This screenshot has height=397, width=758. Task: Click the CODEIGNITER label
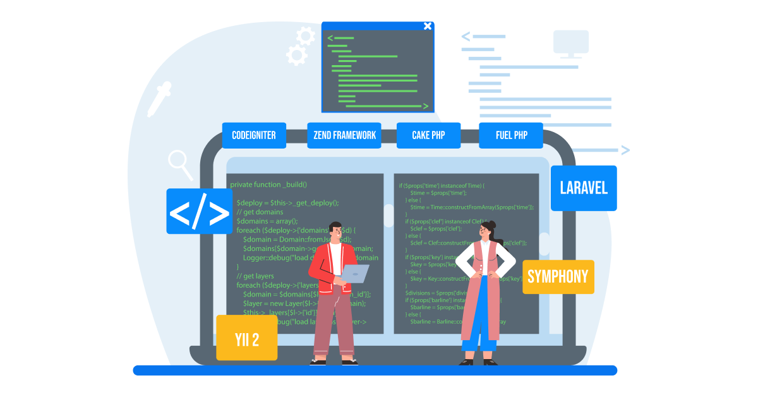[254, 135]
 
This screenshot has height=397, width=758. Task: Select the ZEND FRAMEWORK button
[344, 135]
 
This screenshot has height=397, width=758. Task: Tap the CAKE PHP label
[429, 135]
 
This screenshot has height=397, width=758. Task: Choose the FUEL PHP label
[511, 135]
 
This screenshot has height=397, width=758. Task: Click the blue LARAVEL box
[584, 188]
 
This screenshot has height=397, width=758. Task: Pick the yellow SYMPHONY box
[558, 276]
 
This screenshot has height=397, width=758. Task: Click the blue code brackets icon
[200, 211]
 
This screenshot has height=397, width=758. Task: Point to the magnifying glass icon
[180, 163]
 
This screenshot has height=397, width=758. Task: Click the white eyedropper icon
[159, 99]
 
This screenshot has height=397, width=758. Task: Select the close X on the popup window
[428, 26]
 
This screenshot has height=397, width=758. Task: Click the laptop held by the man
[354, 274]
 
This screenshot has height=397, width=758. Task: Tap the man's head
[335, 231]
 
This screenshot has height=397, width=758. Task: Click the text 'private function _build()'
[268, 185]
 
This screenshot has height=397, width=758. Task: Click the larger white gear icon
[296, 55]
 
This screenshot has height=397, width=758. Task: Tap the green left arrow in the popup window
[330, 38]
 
